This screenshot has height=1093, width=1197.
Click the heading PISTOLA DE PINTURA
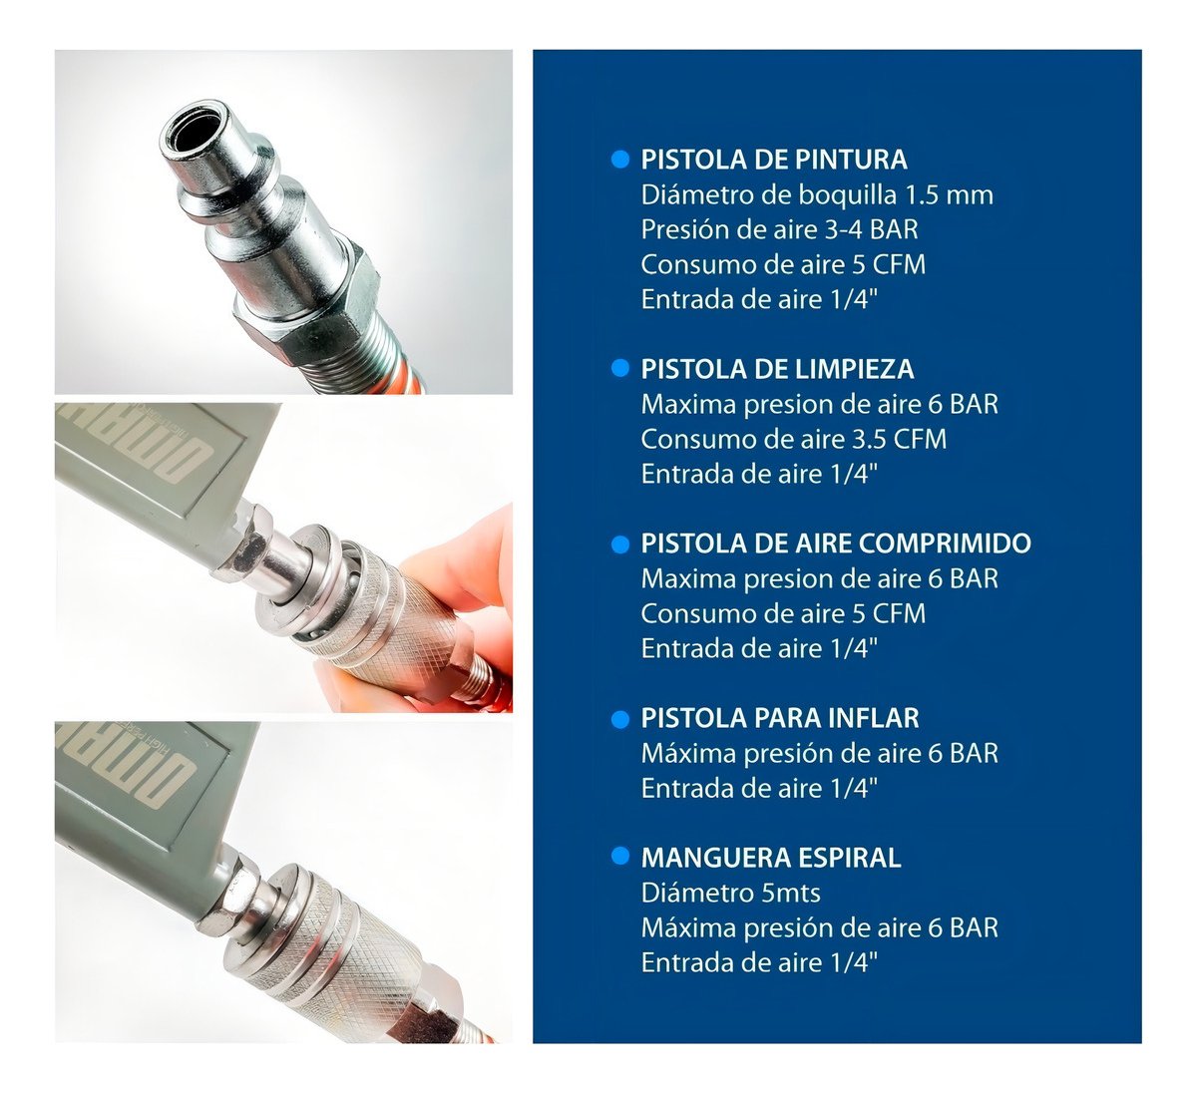(x=774, y=160)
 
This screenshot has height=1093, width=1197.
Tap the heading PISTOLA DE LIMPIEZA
(x=777, y=369)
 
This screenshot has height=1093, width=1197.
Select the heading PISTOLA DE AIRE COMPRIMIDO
(x=836, y=544)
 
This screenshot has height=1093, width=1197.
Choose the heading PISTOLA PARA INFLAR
(x=780, y=718)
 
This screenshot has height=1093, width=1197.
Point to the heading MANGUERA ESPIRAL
(x=771, y=858)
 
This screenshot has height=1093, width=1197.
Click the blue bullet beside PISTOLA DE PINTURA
(x=620, y=160)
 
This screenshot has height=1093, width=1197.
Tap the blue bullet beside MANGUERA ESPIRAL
(x=620, y=857)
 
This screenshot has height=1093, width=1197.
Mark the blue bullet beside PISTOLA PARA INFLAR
(x=620, y=718)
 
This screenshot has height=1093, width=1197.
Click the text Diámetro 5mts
(x=730, y=894)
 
